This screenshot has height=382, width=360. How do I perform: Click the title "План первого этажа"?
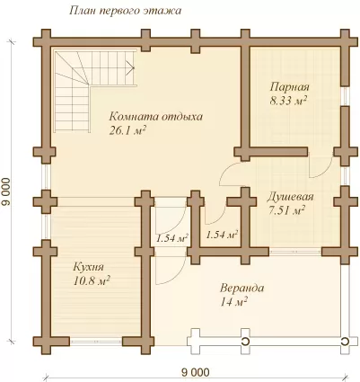[125, 11]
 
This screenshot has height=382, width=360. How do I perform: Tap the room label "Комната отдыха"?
[155, 117]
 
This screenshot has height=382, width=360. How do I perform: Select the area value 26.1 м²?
[127, 130]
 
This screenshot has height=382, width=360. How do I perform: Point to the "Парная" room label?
[289, 87]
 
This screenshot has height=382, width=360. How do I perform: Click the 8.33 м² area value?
[288, 101]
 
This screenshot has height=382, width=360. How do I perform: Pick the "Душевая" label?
[290, 197]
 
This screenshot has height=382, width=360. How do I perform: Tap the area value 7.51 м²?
[286, 210]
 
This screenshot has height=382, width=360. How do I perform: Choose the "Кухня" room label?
[88, 267]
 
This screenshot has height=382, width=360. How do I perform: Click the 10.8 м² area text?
[92, 281]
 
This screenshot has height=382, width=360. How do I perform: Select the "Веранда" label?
[241, 289]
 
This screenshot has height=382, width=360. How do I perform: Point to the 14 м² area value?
[233, 302]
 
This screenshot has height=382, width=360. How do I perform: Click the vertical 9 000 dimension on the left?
[6, 191]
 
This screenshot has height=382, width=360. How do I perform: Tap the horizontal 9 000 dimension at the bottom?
[196, 373]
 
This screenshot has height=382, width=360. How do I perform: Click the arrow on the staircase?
[130, 67]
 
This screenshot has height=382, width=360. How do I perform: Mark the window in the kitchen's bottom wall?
[96, 342]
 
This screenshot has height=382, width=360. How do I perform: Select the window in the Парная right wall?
[345, 96]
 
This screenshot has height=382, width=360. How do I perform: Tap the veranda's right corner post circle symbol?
[345, 342]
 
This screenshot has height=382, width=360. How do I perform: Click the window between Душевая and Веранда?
[295, 252]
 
